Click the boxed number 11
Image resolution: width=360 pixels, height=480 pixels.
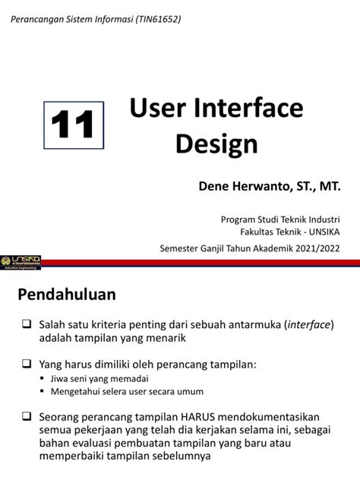tap(74, 125)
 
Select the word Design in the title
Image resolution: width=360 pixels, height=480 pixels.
tap(216, 144)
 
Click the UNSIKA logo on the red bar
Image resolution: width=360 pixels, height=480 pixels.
tap(21, 263)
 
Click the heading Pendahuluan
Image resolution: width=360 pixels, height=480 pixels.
tap(67, 295)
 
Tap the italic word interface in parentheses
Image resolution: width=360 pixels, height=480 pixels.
tap(309, 324)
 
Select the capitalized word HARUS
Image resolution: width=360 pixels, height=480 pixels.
tap(197, 417)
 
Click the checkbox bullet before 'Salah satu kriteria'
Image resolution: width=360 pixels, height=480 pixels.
tap(27, 324)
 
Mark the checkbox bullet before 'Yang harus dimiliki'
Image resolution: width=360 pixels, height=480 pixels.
tap(27, 364)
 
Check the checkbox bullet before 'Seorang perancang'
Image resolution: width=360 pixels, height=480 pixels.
tap(27, 416)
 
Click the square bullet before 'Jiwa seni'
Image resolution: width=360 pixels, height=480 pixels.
tap(43, 378)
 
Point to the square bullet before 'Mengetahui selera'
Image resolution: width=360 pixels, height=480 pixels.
tap(43, 391)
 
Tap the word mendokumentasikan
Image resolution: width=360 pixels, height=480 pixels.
tap(268, 417)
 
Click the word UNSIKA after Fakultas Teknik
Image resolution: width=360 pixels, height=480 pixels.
tap(324, 232)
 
